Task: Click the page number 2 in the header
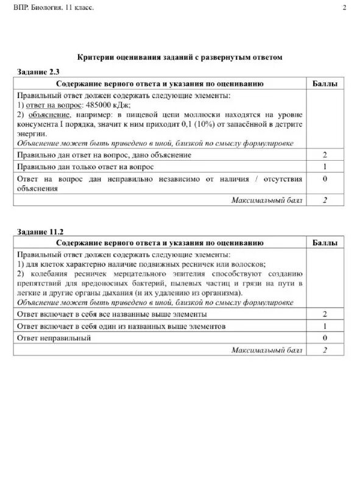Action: (345, 8)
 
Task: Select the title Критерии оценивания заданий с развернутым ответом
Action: (180, 57)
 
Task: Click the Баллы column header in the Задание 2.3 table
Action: (325, 83)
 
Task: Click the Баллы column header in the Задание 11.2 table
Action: (325, 242)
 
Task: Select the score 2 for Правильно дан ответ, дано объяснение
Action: (325, 155)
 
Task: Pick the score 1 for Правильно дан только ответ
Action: (325, 167)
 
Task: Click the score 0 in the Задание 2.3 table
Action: (325, 179)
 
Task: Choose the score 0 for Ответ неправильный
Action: (325, 338)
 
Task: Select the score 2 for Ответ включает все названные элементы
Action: (325, 314)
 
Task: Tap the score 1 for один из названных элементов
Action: (325, 326)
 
